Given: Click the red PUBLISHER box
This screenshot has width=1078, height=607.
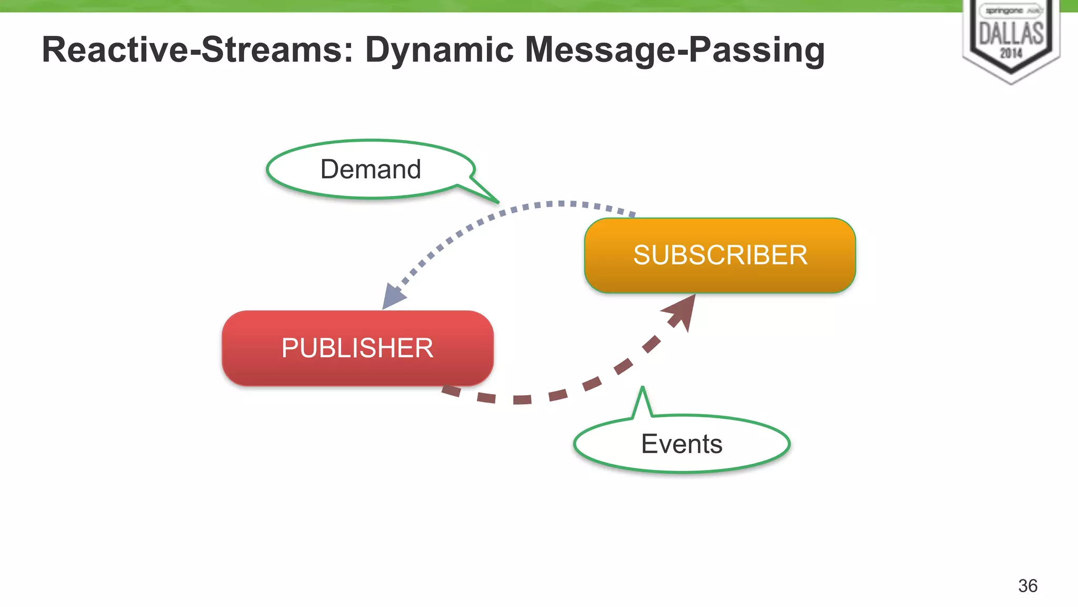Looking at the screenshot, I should pyautogui.click(x=357, y=348).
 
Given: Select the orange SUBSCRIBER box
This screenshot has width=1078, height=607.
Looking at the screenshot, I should pyautogui.click(x=720, y=256).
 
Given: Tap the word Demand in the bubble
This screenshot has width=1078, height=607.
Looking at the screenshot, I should pyautogui.click(x=371, y=169).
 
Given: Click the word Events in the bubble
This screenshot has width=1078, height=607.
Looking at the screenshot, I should pyautogui.click(x=682, y=444).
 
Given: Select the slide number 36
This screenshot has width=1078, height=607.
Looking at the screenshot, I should pyautogui.click(x=1027, y=585).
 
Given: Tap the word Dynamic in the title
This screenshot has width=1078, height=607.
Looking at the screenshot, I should pyautogui.click(x=440, y=50).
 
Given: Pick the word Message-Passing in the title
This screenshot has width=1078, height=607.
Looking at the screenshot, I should pyautogui.click(x=675, y=50).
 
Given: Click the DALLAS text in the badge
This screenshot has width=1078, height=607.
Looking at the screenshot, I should pyautogui.click(x=1011, y=34).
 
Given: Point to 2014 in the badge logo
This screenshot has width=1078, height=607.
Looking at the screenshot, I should pyautogui.click(x=1011, y=53).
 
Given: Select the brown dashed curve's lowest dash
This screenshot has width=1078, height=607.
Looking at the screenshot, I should pyautogui.click(x=522, y=400).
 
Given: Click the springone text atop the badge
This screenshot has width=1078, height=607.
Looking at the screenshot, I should pyautogui.click(x=1004, y=11).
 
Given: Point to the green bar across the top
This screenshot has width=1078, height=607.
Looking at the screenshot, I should pyautogui.click(x=474, y=6).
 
